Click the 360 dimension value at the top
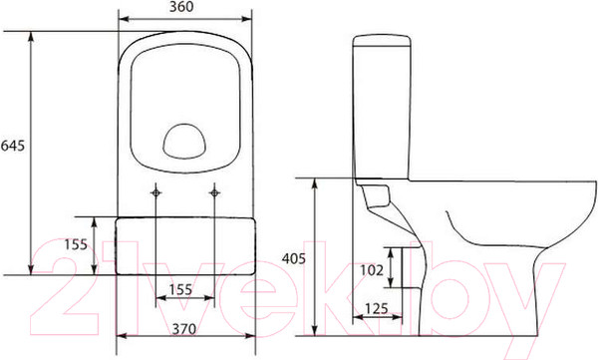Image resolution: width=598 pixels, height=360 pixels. (181, 7)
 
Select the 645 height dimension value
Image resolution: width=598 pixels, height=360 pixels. (13, 146)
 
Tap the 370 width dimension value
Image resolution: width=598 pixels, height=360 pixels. (184, 329)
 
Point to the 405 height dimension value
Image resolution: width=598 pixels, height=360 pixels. (294, 259)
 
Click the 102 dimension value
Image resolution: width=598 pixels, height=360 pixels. (372, 270)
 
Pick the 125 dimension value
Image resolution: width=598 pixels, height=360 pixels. (376, 308)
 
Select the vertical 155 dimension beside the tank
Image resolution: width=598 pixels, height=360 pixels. (76, 244)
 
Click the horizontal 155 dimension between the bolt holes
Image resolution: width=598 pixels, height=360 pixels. (180, 290)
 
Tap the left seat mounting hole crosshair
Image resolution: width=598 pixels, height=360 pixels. (155, 192)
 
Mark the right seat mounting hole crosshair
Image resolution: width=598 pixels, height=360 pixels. (214, 192)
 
